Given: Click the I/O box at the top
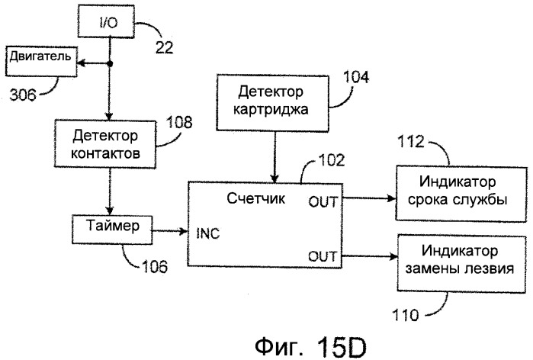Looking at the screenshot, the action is pyautogui.click(x=106, y=21).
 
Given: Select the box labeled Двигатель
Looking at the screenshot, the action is pyautogui.click(x=40, y=61).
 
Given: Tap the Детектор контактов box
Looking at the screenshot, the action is pyautogui.click(x=105, y=144).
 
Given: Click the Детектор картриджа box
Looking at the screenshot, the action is pyautogui.click(x=273, y=103).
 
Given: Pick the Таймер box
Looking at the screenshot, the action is pyautogui.click(x=112, y=229).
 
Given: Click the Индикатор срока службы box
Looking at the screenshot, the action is pyautogui.click(x=461, y=194).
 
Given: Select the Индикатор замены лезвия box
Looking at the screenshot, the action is pyautogui.click(x=461, y=263).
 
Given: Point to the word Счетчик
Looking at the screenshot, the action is pyautogui.click(x=255, y=198).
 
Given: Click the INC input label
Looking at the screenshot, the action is pyautogui.click(x=208, y=233).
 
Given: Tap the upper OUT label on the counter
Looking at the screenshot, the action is pyautogui.click(x=323, y=202).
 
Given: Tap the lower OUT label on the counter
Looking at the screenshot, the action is pyautogui.click(x=323, y=256).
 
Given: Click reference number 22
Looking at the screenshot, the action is pyautogui.click(x=165, y=47).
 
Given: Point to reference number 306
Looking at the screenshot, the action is pyautogui.click(x=22, y=95).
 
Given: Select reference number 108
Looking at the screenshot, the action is pyautogui.click(x=179, y=122).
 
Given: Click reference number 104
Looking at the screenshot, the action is pyautogui.click(x=356, y=77).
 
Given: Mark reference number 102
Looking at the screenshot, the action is pyautogui.click(x=332, y=160).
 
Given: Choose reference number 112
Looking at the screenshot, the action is pyautogui.click(x=411, y=141).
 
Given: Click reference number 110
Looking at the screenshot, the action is pyautogui.click(x=406, y=315).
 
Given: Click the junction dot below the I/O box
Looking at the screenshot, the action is pyautogui.click(x=110, y=63).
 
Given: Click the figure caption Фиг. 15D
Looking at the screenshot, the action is pyautogui.click(x=310, y=347).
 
